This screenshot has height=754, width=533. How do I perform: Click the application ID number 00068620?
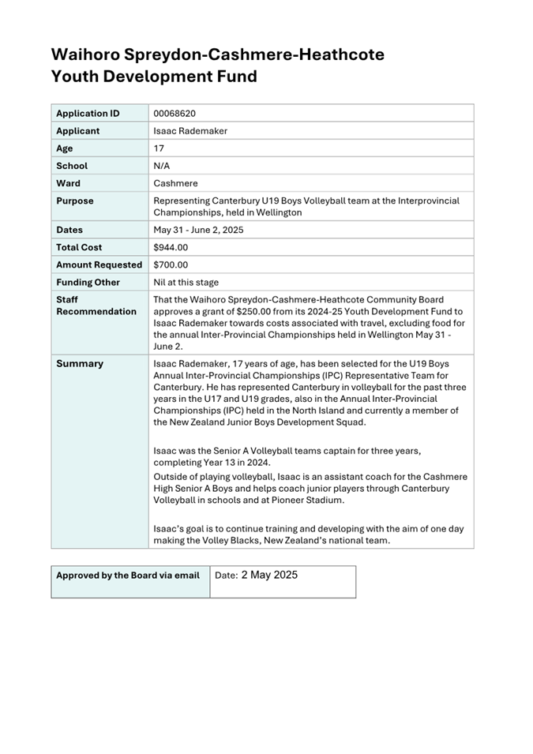coord(175,114)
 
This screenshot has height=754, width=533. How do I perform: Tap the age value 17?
coord(159,148)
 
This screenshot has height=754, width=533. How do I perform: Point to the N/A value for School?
coord(162,166)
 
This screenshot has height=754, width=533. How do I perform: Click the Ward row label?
coord(68,183)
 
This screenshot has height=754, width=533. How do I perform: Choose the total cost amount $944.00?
coord(171,247)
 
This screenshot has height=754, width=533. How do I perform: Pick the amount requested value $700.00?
coord(171,264)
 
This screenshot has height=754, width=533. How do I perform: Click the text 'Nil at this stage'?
coord(186,282)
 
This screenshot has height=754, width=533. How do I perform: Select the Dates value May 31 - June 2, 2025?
coord(198,230)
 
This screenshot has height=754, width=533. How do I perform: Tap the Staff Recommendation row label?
coord(96,306)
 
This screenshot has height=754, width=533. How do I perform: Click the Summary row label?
coord(80,364)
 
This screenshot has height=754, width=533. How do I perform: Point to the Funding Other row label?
coord(88,282)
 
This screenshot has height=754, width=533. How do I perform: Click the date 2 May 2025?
coord(269,576)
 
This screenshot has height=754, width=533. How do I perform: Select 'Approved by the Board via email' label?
coord(128,576)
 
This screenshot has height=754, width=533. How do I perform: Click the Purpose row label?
coord(75,201)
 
